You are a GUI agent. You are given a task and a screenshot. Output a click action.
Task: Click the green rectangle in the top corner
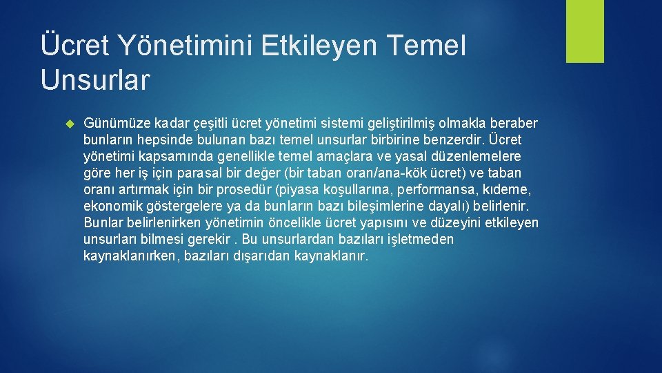[585, 31]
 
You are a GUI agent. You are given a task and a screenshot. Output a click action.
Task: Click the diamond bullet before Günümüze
[68, 124]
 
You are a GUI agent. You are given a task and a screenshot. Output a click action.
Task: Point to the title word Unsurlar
[94, 79]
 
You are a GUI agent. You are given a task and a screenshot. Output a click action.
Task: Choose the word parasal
[200, 173]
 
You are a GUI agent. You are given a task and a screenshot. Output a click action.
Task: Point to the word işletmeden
[420, 240]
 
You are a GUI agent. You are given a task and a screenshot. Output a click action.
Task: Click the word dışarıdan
[265, 256]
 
